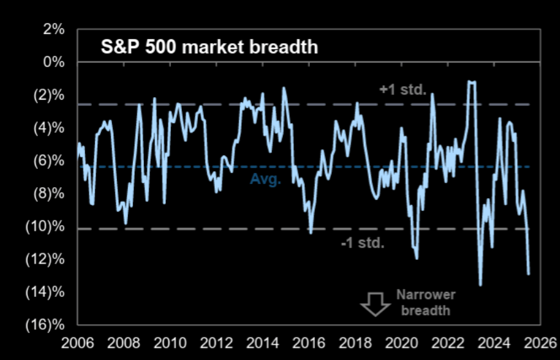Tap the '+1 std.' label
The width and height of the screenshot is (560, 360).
403,90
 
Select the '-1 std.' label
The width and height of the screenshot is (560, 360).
362,243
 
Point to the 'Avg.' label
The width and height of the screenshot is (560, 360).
266,179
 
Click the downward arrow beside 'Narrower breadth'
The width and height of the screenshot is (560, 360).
375,303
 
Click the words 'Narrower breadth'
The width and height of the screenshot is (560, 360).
425,302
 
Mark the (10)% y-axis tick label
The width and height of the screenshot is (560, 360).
47,227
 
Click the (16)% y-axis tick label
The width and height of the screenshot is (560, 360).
47,325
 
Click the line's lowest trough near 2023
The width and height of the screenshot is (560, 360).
480,285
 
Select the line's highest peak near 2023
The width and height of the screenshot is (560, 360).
471,82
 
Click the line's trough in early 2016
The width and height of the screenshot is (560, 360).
311,233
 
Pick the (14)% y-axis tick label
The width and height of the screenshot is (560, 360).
47,292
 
